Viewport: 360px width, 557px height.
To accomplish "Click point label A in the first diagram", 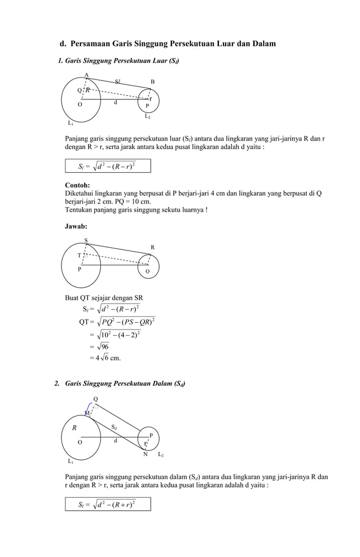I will coord(86,75).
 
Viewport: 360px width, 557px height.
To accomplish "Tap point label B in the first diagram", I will coord(152,82).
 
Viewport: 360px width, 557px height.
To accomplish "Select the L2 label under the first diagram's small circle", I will coord(147,116).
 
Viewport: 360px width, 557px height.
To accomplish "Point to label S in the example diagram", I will coord(86,240).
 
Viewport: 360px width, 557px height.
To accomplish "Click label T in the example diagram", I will coord(80,255).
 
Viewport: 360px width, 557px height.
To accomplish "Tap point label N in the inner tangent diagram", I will coord(145,454).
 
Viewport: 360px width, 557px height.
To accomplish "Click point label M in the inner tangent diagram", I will coord(87,413).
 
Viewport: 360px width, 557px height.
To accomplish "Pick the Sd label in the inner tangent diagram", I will coord(114,427).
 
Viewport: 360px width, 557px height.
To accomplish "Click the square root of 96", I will coord(102,347).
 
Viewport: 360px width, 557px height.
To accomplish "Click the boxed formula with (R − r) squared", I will coord(107,166).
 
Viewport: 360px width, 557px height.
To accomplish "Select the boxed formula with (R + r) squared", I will coord(107,504).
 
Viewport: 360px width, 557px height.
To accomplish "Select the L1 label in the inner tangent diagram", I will coord(71,461).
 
